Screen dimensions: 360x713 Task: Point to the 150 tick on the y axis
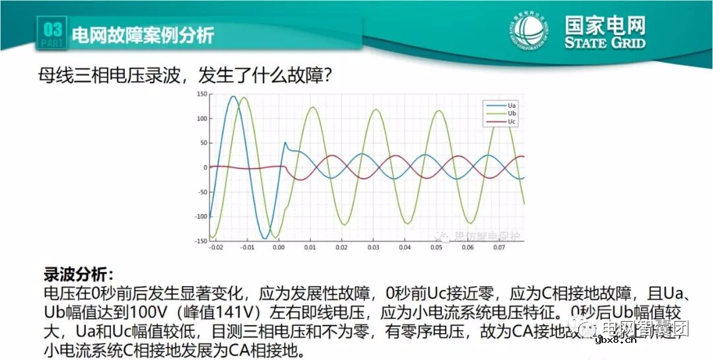202,94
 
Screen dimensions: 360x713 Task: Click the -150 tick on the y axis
201,240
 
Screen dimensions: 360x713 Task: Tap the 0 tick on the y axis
205,167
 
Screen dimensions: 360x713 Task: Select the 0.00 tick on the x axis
279,248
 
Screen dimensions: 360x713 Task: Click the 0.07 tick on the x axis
498,248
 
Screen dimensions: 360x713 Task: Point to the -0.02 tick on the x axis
215,248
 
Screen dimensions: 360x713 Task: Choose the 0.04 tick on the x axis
404,248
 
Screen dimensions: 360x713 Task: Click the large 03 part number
53,30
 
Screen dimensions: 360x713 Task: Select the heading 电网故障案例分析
142,35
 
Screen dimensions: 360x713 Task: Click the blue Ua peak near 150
233,96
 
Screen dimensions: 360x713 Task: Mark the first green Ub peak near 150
244,98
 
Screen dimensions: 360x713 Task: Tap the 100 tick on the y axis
202,119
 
